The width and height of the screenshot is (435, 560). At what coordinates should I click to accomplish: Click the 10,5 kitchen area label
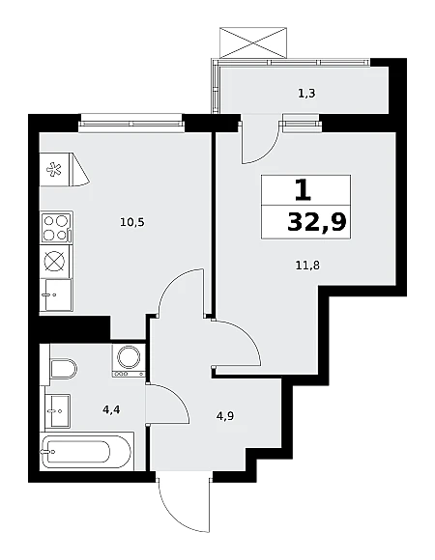coord(132,223)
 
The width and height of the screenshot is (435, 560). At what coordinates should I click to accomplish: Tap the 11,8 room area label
coord(307,266)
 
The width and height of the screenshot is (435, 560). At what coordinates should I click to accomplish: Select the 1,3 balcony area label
coord(306,94)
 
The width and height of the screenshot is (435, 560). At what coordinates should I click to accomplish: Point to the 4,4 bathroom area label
coord(111,410)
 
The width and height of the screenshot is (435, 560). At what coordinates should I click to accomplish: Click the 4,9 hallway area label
coord(225,416)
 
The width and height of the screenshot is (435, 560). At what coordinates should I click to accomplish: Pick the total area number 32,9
coord(317,222)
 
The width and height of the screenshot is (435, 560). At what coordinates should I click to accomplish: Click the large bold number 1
coord(304,189)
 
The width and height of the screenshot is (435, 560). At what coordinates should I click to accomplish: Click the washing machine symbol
coord(129,360)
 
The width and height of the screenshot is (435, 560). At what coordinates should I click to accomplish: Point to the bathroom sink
coord(57,410)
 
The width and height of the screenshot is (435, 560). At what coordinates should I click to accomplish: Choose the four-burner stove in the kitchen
coord(56,228)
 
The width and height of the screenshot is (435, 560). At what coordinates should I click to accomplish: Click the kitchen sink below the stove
coord(56,295)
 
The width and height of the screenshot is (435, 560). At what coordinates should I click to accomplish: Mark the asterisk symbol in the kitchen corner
coord(54,169)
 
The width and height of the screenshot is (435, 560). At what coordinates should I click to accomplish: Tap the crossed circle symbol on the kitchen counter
coord(55,261)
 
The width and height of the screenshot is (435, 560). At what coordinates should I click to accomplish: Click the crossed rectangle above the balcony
coord(253,42)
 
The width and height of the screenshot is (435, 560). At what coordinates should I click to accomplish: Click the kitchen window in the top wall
coord(131,124)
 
